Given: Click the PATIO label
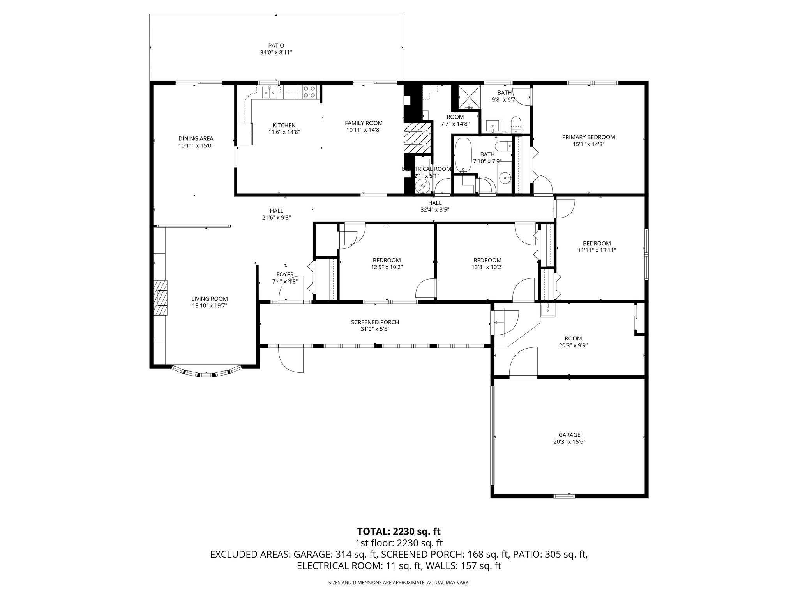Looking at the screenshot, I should tap(276, 45).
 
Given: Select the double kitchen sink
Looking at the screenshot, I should tap(270, 92).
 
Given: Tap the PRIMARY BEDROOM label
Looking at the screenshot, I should tap(588, 137).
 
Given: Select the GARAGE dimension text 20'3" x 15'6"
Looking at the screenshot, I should tap(569, 442).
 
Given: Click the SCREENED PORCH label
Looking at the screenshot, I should tap(375, 322).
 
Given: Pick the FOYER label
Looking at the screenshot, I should tap(285, 275).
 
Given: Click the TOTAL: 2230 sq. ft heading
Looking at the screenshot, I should tap(399, 531).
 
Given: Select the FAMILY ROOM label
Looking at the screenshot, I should tap(364, 123).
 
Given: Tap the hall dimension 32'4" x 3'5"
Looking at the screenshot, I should tap(434, 209).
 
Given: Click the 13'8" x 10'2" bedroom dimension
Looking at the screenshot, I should tap(487, 267).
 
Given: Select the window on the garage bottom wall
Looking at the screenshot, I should tap(564, 496).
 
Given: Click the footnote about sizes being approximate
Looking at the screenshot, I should tap(399, 583).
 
